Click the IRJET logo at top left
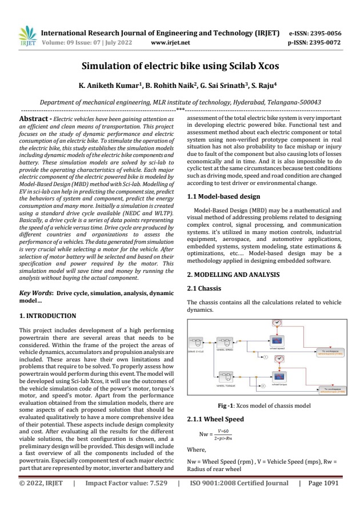coord(27,36)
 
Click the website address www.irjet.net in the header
coord(170,42)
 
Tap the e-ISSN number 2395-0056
coord(325,33)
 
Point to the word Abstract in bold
coord(36,118)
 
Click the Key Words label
coord(37,293)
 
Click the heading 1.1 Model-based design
coord(223,196)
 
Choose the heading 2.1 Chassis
coord(204,288)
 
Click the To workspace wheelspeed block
coord(331,352)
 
